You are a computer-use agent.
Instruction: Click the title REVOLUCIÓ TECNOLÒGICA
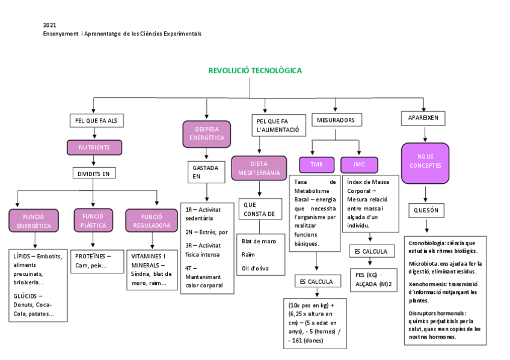pyautogui.click(x=255, y=71)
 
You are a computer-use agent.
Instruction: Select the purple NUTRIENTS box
pyautogui.click(x=94, y=147)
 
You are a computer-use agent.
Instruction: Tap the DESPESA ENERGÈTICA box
pyautogui.click(x=206, y=133)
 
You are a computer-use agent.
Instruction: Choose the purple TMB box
pyautogui.click(x=316, y=165)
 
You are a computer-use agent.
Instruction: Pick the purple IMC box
pyautogui.click(x=359, y=165)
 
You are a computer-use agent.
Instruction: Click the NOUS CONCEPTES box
pyautogui.click(x=425, y=162)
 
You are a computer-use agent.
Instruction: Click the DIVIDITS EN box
pyautogui.click(x=94, y=173)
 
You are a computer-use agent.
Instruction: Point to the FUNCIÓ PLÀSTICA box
pyautogui.click(x=93, y=221)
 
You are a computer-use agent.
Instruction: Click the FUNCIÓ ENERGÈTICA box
pyautogui.click(x=34, y=221)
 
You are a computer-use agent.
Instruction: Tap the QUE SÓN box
pyautogui.click(x=426, y=210)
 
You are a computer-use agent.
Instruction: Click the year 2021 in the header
pyautogui.click(x=49, y=25)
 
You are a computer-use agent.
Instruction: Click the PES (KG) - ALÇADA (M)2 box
pyautogui.click(x=373, y=279)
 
